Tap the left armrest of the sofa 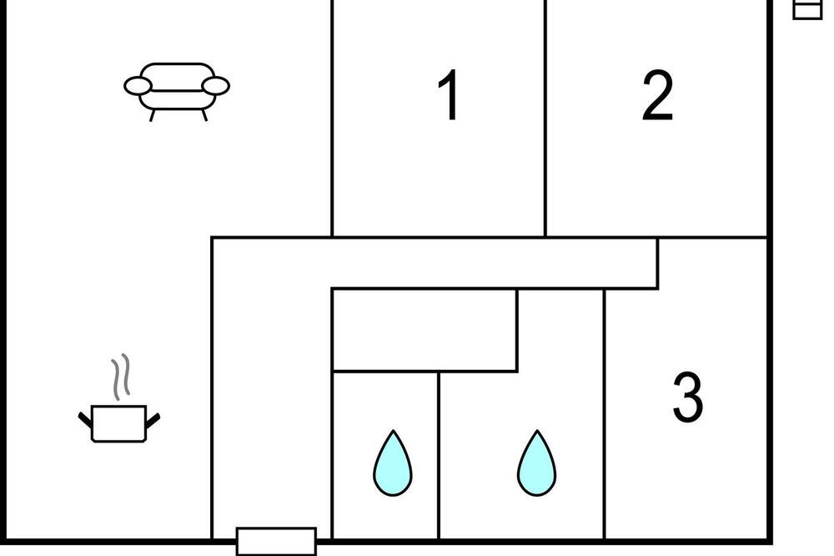[138, 86]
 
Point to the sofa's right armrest [215, 86]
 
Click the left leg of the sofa [152, 115]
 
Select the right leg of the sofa [203, 115]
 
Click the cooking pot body [119, 424]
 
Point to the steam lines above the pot [121, 377]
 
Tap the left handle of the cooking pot [85, 420]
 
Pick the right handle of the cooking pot [153, 420]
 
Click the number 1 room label [449, 95]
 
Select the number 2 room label [657, 95]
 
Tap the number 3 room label [688, 397]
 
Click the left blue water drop [393, 463]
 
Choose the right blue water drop [536, 463]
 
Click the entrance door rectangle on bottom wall [276, 542]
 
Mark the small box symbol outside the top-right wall [807, 9]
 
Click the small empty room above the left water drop [425, 330]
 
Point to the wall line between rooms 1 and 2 [545, 119]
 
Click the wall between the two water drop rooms [439, 456]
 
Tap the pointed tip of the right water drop [537, 430]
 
